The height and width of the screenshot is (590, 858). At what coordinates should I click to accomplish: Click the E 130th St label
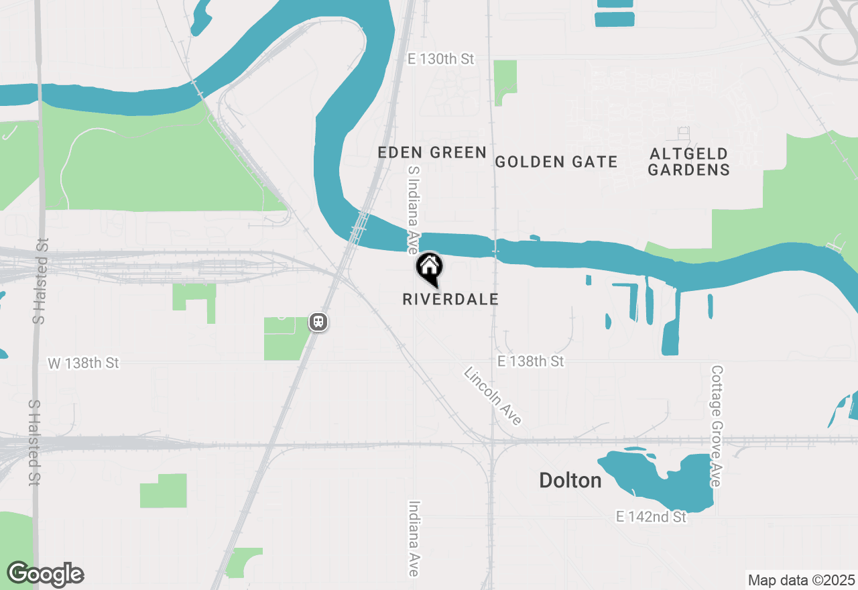441,59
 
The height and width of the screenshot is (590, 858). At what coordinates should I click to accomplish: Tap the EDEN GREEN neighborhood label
432,153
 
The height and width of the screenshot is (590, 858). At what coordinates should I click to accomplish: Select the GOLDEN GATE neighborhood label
556,162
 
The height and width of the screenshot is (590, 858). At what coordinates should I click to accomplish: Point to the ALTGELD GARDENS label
688,162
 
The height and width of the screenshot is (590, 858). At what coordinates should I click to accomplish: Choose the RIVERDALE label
450,299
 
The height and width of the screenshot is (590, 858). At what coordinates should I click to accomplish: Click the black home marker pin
429,268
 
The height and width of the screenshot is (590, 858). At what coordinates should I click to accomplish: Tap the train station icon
318,322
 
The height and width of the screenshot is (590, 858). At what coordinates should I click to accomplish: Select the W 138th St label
83,363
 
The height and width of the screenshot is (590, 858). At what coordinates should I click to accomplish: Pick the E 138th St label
530,361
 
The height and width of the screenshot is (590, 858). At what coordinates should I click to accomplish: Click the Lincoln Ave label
493,396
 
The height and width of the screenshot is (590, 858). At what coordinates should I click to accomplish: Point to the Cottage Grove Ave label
717,426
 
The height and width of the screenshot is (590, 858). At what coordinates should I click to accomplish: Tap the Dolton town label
570,480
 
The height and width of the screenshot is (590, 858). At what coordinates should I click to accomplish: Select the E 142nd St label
651,517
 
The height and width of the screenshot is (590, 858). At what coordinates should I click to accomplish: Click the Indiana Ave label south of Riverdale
414,538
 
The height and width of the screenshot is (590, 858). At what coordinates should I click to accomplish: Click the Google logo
46,575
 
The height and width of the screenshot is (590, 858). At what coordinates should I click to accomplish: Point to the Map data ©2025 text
800,580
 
